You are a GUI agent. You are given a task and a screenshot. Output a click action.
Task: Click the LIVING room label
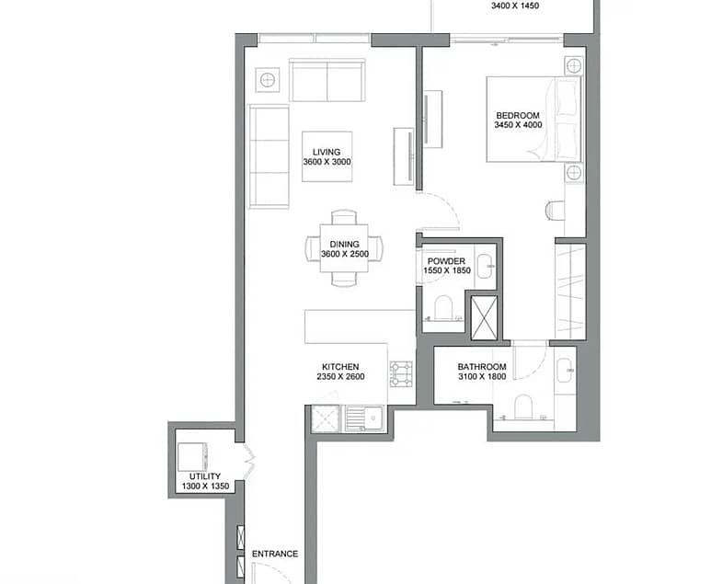(327, 153)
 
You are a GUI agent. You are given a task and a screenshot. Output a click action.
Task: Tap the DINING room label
(344, 245)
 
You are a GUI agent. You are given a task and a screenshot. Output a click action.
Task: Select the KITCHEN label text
(340, 367)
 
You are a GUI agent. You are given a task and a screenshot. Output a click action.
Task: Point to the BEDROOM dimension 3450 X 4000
(518, 125)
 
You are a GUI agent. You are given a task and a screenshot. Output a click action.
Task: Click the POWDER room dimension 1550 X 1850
(447, 270)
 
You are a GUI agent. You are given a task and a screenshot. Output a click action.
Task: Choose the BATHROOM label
(482, 367)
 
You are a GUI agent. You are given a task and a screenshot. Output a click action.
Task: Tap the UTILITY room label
(205, 476)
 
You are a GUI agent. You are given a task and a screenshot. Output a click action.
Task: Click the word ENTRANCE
(275, 554)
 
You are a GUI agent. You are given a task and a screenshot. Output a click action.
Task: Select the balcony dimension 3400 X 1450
(515, 6)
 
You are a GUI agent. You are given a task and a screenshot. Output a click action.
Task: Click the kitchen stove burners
(401, 374)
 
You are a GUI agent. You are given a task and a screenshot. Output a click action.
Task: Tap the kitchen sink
(364, 418)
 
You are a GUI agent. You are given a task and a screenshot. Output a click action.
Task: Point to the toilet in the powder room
(443, 308)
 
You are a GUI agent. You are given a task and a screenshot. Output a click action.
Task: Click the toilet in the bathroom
(523, 407)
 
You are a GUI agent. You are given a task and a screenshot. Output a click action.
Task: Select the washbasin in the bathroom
(565, 371)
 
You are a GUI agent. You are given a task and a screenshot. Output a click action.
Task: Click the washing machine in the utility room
(193, 457)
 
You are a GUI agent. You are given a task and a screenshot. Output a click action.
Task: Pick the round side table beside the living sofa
(267, 80)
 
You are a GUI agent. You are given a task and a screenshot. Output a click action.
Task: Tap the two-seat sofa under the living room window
(327, 81)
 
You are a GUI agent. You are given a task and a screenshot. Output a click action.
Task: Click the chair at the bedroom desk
(555, 211)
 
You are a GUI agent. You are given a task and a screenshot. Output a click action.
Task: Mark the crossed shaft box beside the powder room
(484, 318)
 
